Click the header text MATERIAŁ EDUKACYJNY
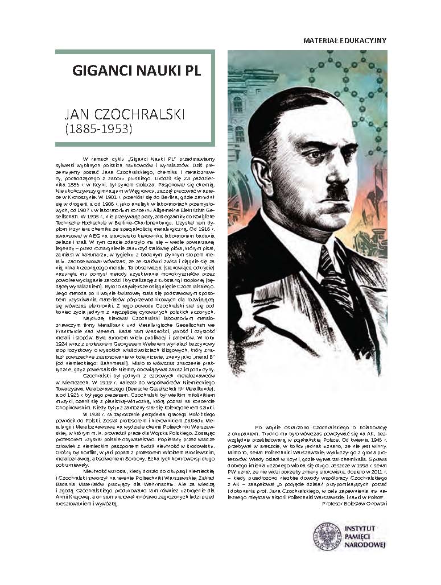345,41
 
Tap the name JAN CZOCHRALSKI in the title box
125,114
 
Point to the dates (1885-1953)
98,129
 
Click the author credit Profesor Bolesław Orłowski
354,504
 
